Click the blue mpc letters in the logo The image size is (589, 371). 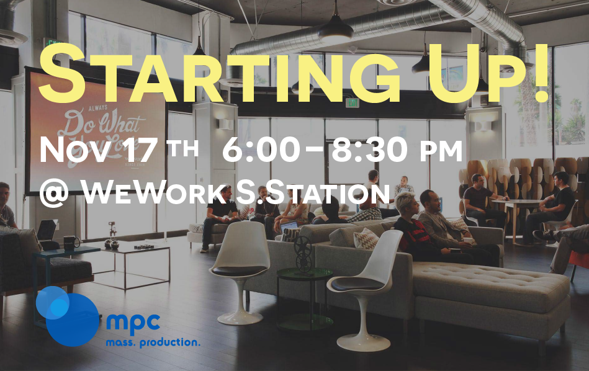pos(133,323)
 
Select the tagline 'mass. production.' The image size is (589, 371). pos(153,342)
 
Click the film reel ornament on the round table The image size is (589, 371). pos(303,254)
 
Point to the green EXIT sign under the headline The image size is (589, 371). pos(353,102)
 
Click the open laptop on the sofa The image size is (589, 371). pos(289,226)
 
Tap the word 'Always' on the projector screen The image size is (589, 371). pos(97,107)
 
